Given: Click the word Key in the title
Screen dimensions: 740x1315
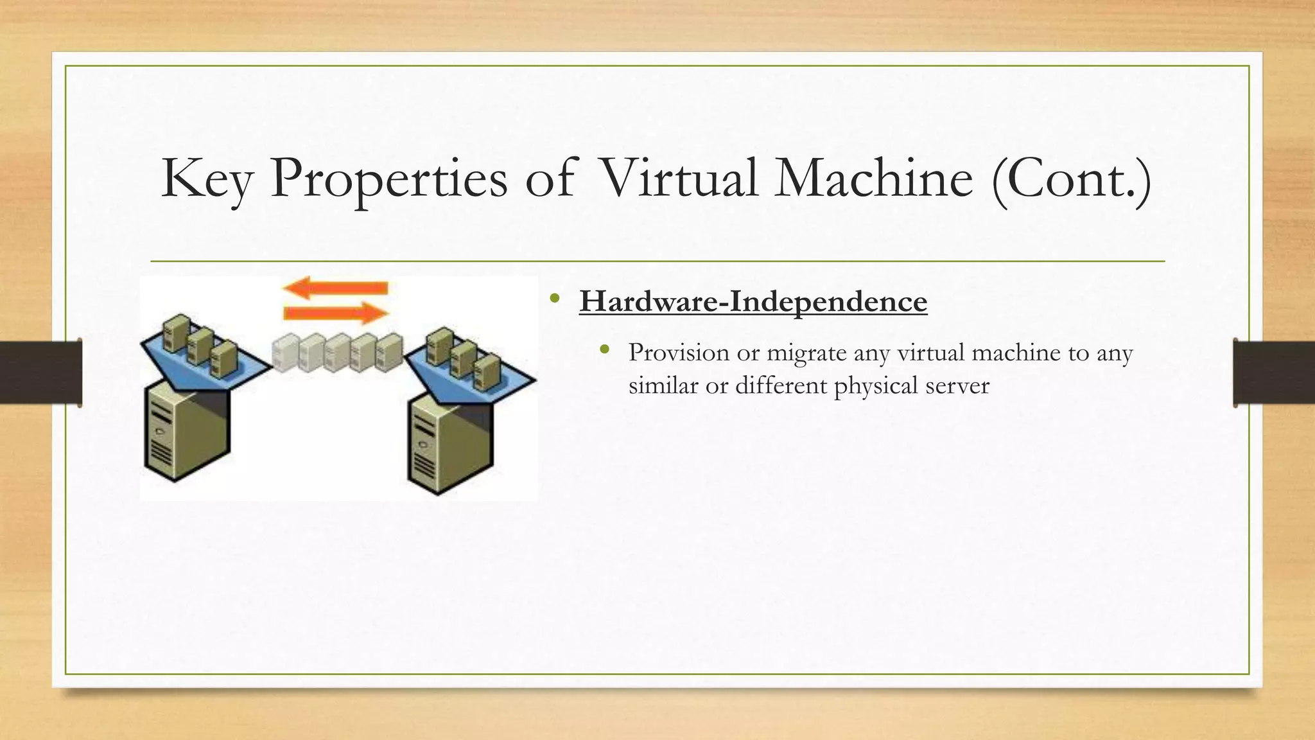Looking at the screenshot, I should point(207,179).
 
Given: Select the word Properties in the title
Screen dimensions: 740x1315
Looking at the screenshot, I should point(388,179).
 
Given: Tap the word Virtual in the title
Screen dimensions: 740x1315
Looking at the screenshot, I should point(678,179).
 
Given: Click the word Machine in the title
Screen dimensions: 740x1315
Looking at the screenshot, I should point(874,179).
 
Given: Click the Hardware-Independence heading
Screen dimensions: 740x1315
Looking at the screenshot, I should point(753,301).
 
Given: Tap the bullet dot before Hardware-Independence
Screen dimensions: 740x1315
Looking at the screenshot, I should point(555,299).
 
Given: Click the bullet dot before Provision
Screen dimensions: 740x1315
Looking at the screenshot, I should point(604,350).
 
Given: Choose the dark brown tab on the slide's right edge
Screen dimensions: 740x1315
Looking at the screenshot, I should point(1274,373).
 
